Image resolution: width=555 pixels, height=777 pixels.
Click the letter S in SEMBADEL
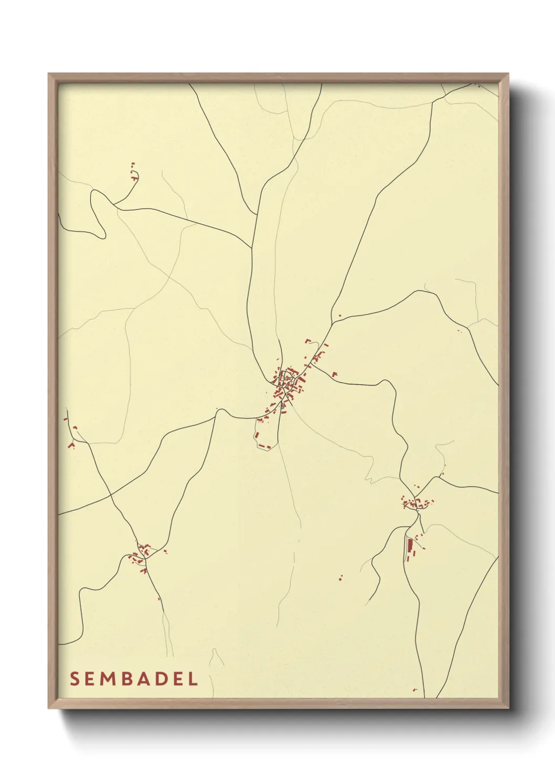point(74,679)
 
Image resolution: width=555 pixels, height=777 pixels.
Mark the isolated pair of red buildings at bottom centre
point(341,577)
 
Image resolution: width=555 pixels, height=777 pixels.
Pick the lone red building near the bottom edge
point(414,690)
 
